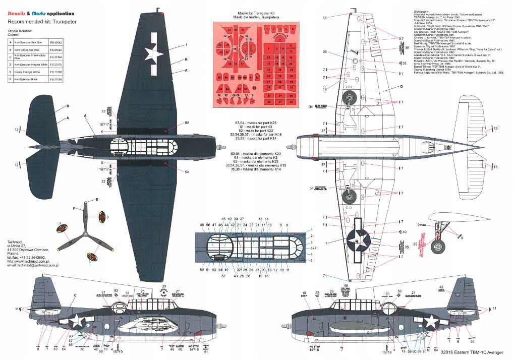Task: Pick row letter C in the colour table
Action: (10, 57)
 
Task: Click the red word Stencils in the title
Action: (17, 13)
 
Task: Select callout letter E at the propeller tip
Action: (97, 200)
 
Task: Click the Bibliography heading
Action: (422, 9)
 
